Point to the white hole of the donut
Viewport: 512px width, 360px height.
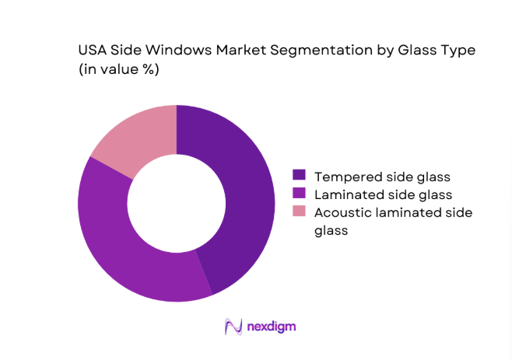[x=176, y=204]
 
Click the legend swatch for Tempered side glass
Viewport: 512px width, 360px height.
[x=299, y=176]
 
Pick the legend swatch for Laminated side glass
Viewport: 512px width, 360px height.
[x=299, y=194]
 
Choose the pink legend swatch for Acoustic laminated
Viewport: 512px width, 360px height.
[x=299, y=211]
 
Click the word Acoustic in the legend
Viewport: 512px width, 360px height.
[x=340, y=211]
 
